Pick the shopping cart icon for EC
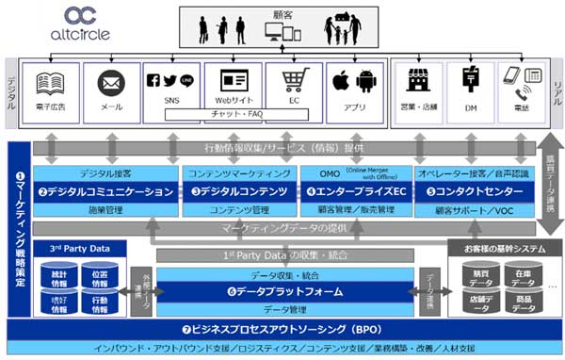[x=292, y=81]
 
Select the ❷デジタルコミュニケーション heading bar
[x=105, y=191]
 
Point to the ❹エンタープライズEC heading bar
[x=355, y=191]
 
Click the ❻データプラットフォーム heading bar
[x=284, y=292]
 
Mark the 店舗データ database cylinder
[x=479, y=303]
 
